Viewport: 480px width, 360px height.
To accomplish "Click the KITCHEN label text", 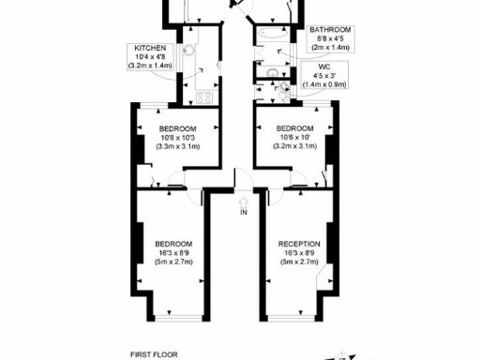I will point(150,48).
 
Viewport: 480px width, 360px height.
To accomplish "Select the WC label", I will point(324,67).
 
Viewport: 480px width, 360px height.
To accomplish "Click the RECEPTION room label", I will point(299,244).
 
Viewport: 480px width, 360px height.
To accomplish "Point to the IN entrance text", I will point(243,213).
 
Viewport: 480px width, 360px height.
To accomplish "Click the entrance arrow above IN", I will point(243,200).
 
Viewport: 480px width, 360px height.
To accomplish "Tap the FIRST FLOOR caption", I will point(153,355).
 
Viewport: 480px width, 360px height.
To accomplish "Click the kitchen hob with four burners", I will point(205,97).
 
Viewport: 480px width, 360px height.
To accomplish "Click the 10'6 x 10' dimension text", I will point(294,138).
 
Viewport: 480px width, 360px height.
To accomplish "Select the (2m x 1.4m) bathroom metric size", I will point(329,47).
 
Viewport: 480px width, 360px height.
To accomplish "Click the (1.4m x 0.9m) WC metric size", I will point(324,84).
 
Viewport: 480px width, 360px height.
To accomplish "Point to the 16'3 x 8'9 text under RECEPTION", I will point(299,253).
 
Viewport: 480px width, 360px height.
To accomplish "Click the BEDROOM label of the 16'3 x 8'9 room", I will point(173,244).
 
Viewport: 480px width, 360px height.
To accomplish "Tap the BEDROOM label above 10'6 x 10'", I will point(294,128).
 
